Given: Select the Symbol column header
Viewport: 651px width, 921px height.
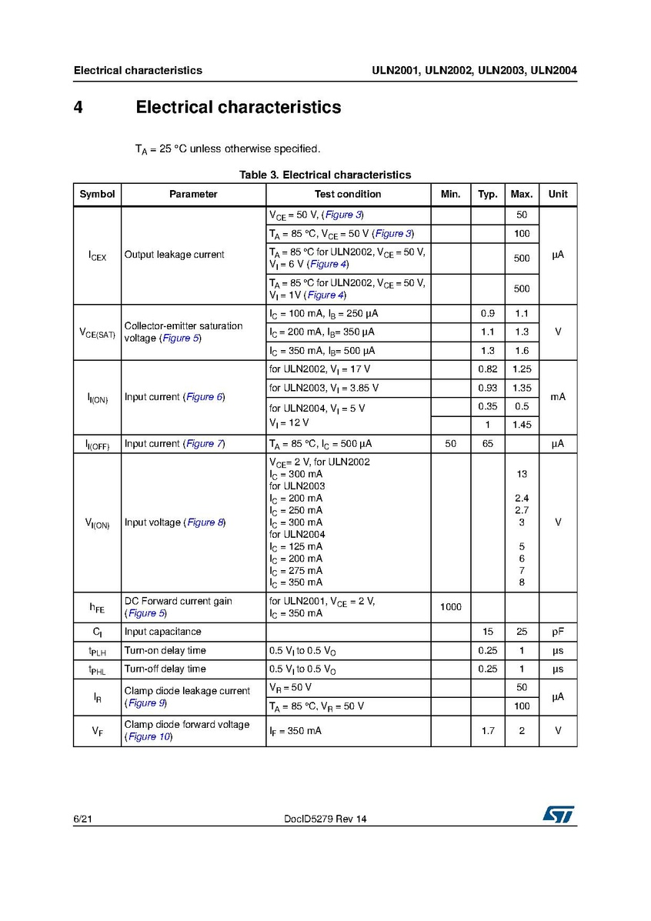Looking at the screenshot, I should point(97,194).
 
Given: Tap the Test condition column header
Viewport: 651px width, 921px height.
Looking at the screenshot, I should point(348,194).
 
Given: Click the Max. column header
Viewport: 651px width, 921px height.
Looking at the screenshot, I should point(522,194).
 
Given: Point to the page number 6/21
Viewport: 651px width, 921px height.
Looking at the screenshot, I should point(82,819).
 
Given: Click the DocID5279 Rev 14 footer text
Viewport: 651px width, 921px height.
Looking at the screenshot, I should point(325,819).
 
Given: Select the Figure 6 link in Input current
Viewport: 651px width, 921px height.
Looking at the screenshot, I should point(204,397).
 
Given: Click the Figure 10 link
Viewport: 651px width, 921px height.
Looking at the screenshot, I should point(149,737).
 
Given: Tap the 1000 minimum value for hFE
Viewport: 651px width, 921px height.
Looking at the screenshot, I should point(451,607).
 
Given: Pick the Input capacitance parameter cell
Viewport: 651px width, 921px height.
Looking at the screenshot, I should point(163,632).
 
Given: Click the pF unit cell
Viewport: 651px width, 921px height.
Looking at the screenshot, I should point(558,632).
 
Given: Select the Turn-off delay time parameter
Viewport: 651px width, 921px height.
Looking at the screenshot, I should point(165,669).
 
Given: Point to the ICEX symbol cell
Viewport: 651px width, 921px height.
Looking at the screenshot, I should point(97,255).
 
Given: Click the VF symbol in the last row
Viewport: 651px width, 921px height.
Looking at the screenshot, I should point(97,731).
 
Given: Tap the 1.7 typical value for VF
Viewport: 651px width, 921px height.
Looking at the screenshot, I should point(488,731).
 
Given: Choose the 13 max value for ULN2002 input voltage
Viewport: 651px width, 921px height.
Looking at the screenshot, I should point(522,475).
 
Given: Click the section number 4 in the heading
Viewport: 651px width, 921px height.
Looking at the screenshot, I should point(78,107).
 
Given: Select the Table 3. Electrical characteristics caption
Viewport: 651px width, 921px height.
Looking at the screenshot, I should point(325,175).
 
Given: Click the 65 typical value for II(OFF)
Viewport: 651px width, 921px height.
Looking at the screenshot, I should point(488,444).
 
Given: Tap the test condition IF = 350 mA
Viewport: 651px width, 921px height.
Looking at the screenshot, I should point(295,731).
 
